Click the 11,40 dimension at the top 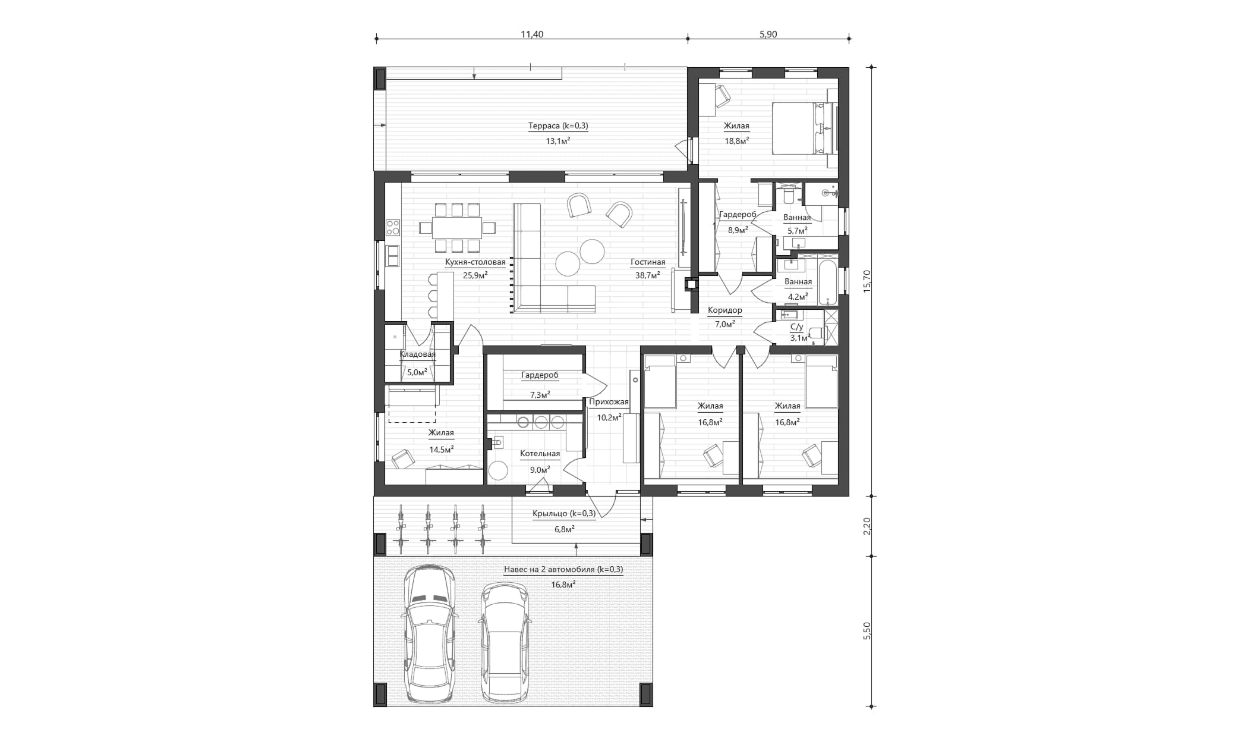532,34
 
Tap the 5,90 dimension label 768,34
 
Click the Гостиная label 648,262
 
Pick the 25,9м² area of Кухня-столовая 475,275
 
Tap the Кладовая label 417,354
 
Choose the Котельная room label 540,454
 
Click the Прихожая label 609,402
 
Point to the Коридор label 724,310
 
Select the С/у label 796,327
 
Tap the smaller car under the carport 504,642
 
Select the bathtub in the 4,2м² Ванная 827,281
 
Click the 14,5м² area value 442,450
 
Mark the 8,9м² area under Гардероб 738,230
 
